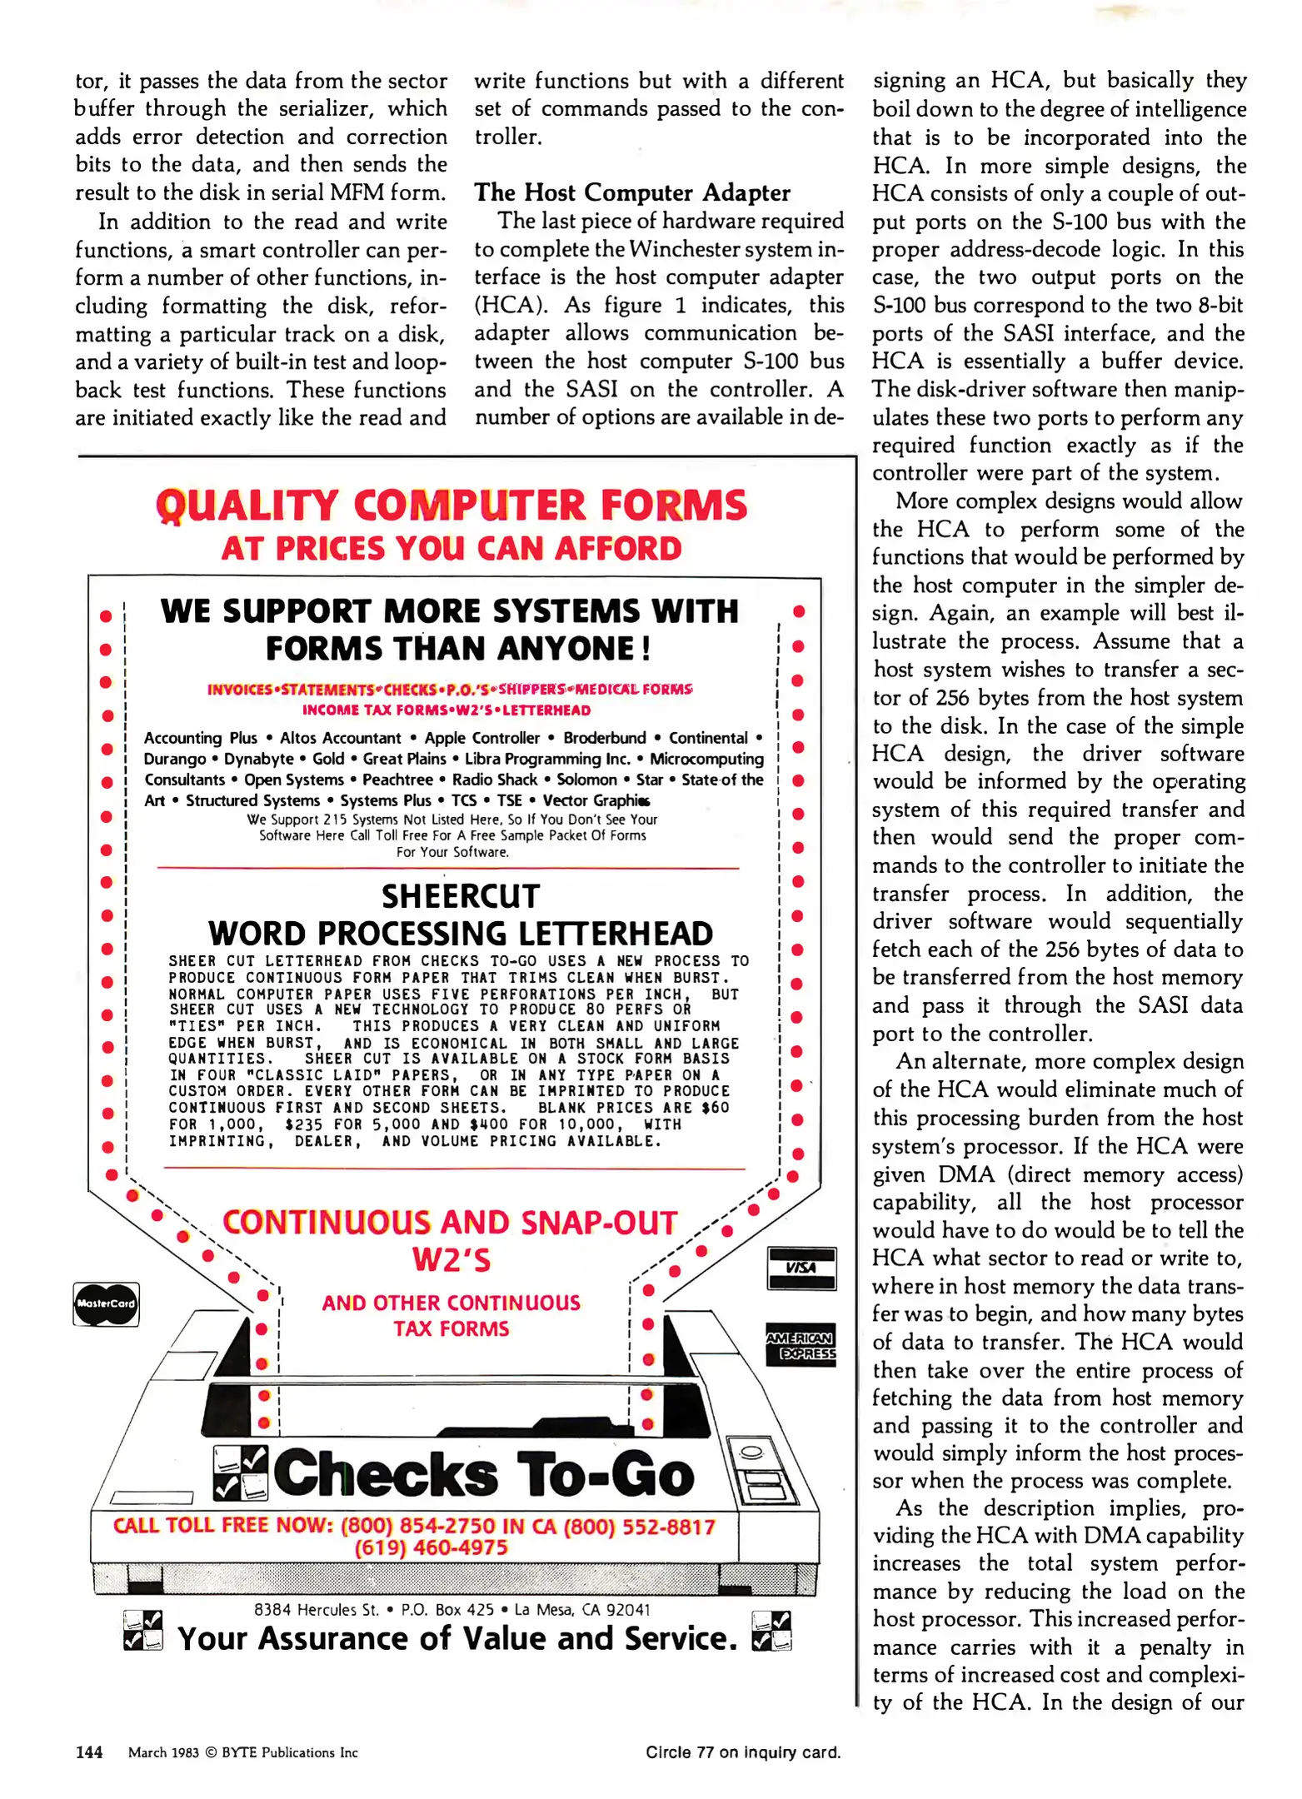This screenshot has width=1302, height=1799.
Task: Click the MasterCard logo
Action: tap(106, 1303)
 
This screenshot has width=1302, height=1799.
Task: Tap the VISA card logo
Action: tap(801, 1268)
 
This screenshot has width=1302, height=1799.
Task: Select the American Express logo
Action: tap(801, 1345)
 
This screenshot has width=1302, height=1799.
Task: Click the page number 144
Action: tap(89, 1752)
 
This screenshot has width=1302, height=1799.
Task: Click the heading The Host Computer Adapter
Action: tap(631, 192)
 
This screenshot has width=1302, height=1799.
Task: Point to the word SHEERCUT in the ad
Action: tap(461, 896)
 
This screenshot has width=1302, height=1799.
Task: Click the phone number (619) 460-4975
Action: tap(431, 1547)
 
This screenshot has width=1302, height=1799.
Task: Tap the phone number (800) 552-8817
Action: tap(639, 1527)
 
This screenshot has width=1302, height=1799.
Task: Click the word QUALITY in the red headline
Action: tap(247, 506)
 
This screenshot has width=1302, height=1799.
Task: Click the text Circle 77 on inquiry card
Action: tap(742, 1752)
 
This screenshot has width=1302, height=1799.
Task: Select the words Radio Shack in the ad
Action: tap(494, 780)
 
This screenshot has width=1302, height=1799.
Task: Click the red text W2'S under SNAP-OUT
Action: tap(451, 1260)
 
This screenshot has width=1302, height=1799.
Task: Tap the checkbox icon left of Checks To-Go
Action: tap(241, 1473)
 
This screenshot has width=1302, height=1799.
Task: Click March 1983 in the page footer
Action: tap(163, 1752)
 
